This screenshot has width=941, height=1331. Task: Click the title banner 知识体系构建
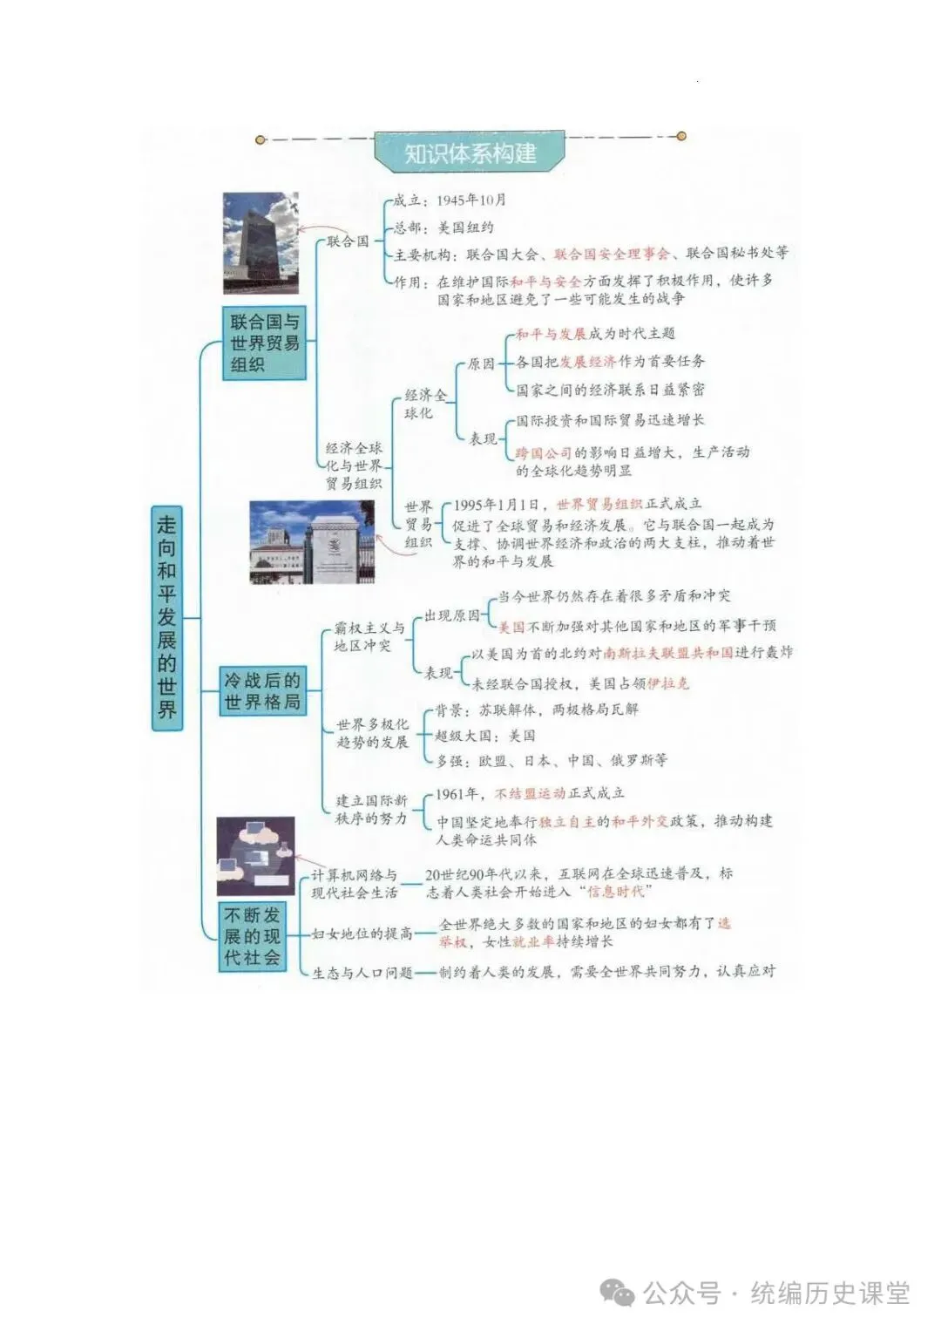470,154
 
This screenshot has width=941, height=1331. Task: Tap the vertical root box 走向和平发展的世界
166,617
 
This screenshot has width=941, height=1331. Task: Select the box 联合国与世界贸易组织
264,343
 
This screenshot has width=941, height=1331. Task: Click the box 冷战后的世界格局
261,691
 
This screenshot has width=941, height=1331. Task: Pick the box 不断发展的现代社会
252,936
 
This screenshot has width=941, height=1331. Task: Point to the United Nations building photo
261,242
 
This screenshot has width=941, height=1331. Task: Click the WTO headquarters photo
312,542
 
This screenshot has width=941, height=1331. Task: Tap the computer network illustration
254,857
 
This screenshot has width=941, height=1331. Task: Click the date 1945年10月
471,200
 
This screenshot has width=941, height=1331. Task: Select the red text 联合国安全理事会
612,254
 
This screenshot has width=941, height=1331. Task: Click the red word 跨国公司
543,452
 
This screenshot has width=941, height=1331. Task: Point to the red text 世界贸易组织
599,504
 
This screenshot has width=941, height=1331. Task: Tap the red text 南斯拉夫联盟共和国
668,652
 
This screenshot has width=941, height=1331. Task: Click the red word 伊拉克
668,683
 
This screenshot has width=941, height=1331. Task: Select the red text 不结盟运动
530,793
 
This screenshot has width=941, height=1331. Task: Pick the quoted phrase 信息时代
619,892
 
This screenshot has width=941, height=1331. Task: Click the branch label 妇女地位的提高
362,934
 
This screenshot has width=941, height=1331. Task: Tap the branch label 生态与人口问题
362,972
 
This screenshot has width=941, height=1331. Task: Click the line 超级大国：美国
485,736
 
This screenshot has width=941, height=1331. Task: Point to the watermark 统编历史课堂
829,1293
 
